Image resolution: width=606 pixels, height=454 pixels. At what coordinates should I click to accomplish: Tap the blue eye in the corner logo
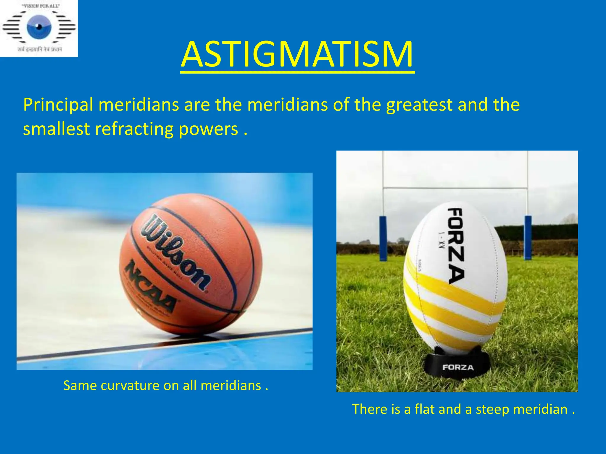(x=39, y=27)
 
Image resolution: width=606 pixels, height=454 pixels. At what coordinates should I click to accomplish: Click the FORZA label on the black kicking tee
(x=458, y=367)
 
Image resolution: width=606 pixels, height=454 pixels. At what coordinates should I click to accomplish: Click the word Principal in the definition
(x=58, y=105)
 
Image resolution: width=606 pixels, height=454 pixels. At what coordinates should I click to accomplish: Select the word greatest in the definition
(x=419, y=105)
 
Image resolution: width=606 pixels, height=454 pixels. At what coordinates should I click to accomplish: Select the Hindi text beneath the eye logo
(x=40, y=49)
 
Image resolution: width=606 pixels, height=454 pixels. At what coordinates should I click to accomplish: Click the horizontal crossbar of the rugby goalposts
(x=456, y=187)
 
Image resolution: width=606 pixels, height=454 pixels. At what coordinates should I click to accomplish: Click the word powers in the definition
(x=208, y=129)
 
